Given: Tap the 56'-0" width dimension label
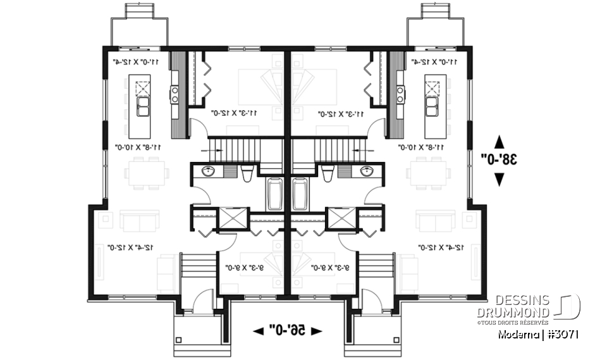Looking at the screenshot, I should pyautogui.click(x=288, y=330).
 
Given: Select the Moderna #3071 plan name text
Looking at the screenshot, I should pyautogui.click(x=538, y=334).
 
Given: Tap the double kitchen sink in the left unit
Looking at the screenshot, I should pyautogui.click(x=142, y=106).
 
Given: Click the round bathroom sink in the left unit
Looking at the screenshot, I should pyautogui.click(x=209, y=171).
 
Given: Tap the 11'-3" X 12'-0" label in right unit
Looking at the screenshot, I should pyautogui.click(x=341, y=115).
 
